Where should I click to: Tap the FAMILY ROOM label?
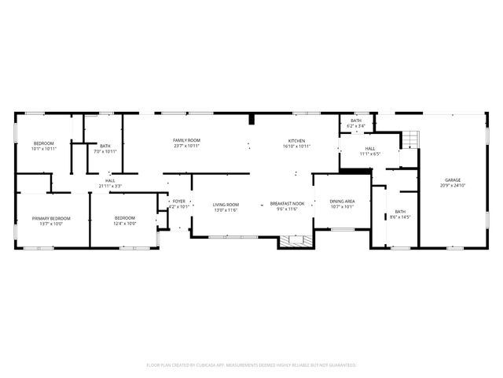187,140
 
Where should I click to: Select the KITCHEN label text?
296,140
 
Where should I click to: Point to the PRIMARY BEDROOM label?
51,218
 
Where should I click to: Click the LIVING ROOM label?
226,205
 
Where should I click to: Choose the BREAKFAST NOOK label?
285,204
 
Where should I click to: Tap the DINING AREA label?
342,201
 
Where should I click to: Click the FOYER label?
179,202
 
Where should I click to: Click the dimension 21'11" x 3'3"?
110,186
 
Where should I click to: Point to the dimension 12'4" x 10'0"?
125,224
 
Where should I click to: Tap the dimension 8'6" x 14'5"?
401,217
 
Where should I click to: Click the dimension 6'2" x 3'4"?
356,126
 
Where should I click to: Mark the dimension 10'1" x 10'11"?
44,149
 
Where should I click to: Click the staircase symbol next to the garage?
411,140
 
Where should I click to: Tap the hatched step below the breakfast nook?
296,240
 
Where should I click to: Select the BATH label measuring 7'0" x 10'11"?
105,146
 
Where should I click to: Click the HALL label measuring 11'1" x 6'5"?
369,148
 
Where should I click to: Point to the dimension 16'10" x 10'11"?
296,146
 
